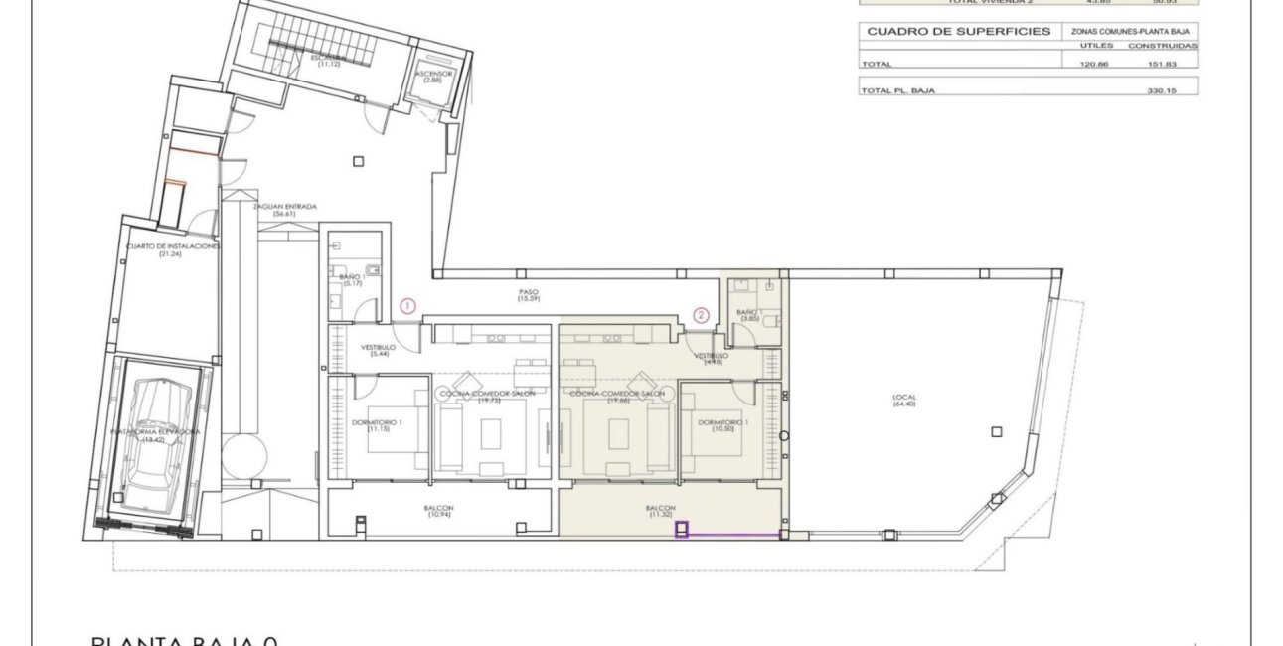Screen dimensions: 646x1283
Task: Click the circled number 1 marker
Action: (x=408, y=306)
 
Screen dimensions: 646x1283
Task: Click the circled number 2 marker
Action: (x=701, y=316)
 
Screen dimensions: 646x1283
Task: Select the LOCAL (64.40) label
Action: (x=903, y=400)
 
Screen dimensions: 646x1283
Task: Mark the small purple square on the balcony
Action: (x=682, y=530)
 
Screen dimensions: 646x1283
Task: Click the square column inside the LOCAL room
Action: (x=996, y=431)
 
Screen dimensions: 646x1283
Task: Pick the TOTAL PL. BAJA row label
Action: (x=897, y=90)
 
